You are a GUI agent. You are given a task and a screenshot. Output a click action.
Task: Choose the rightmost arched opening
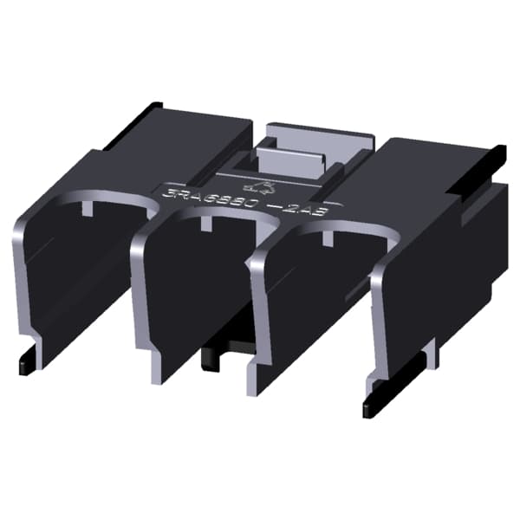(x=321, y=295)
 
